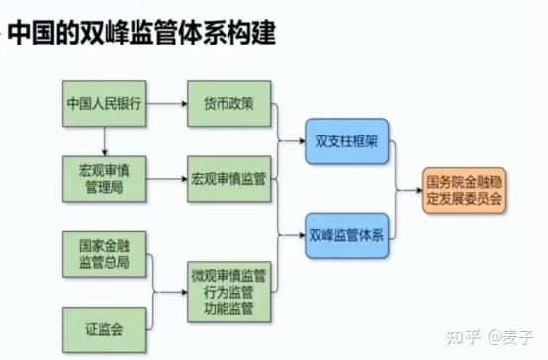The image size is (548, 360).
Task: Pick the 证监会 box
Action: pos(104,324)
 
